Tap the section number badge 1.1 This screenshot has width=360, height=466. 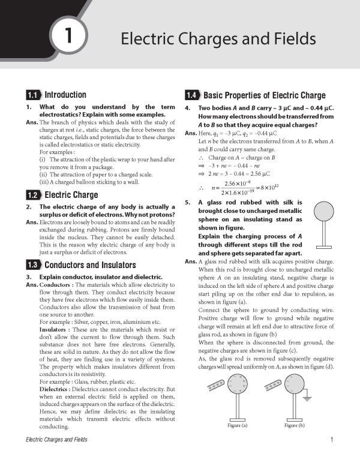(33, 95)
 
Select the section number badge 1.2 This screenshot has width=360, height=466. (33, 195)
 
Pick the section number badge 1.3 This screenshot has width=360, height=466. (33, 265)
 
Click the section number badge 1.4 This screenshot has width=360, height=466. (192, 95)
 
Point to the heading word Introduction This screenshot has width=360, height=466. (65, 95)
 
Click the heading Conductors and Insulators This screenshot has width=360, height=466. (91, 265)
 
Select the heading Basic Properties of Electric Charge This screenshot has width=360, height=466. (265, 95)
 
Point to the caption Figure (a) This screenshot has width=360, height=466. (238, 425)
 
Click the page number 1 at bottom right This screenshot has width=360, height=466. (332, 440)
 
